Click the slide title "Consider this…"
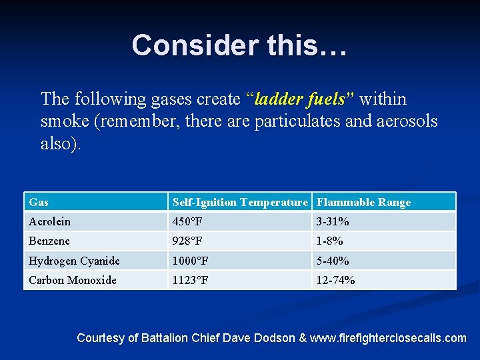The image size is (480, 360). click(239, 45)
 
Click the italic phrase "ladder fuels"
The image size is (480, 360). click(304, 99)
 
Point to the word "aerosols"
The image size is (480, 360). click(400, 121)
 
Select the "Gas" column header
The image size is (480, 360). click(39, 202)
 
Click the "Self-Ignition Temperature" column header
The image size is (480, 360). click(240, 202)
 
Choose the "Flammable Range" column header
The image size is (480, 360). click(363, 202)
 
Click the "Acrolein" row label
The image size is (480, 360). click(49, 221)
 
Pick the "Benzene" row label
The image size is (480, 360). click(49, 241)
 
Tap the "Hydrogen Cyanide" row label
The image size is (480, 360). click(74, 261)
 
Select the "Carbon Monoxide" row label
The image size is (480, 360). click(72, 280)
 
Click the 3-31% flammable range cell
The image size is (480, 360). click(333, 221)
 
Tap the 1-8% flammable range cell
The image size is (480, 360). click(330, 241)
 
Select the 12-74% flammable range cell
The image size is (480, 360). click(336, 280)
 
